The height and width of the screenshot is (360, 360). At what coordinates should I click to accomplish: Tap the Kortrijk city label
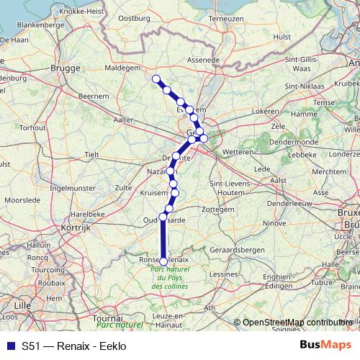tap(91, 227)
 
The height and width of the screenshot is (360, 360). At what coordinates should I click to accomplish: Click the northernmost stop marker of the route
tap(156, 78)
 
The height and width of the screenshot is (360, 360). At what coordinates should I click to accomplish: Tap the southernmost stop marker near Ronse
tap(163, 261)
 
